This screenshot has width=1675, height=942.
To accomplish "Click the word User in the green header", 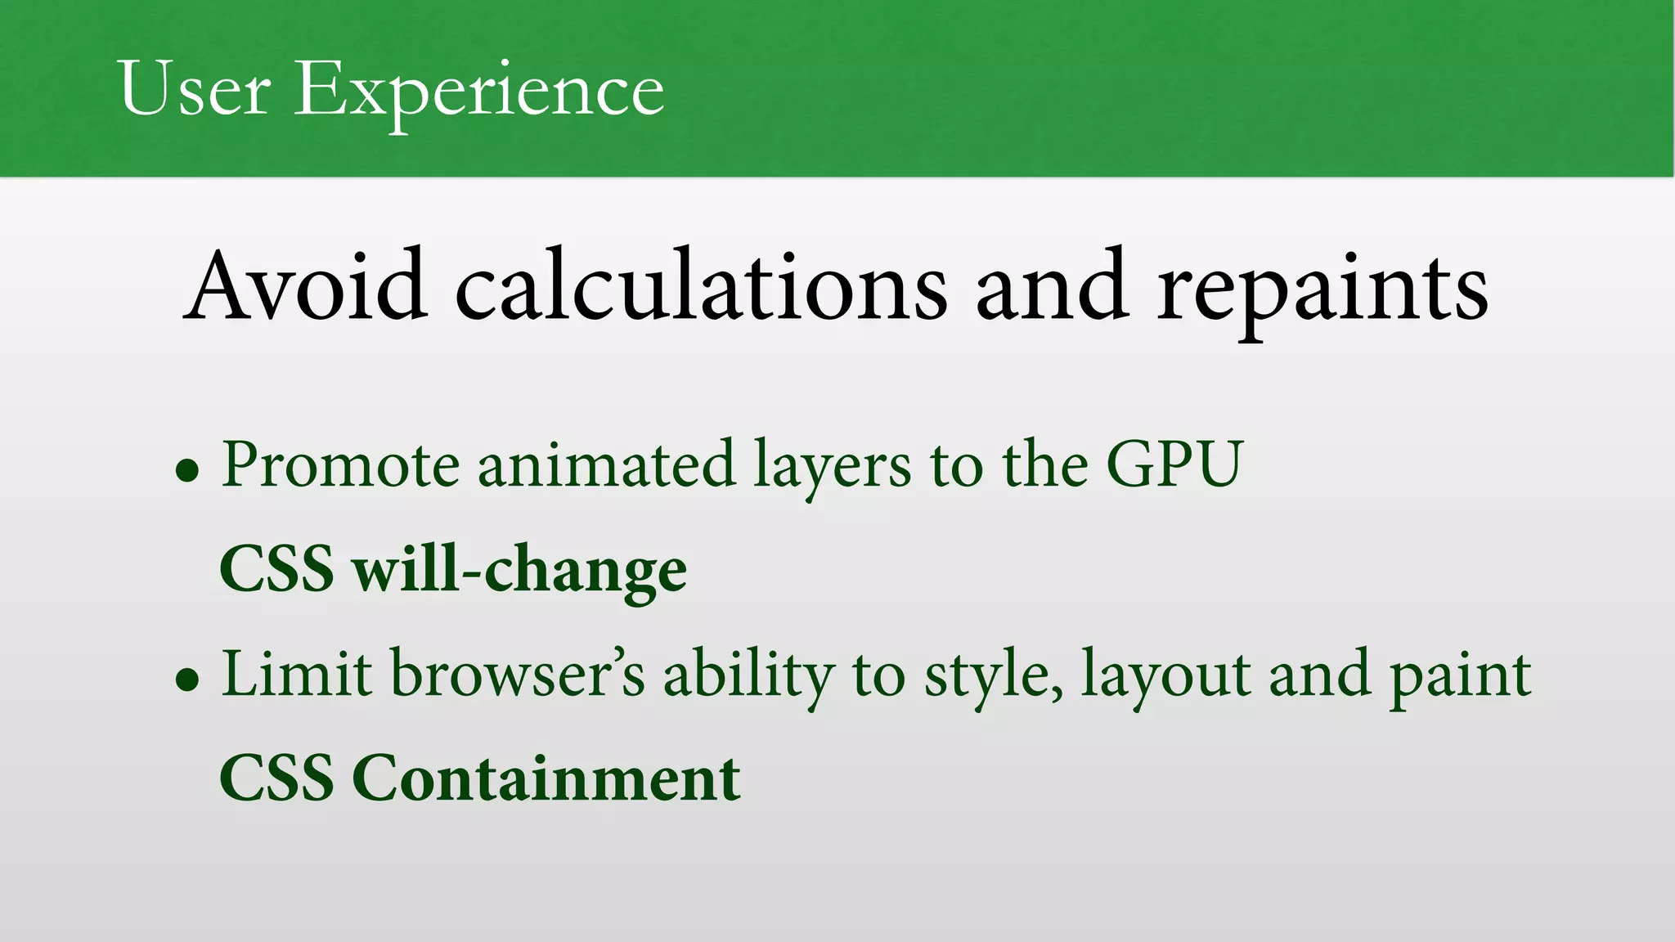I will [x=195, y=88].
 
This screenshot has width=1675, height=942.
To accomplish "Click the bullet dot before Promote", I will [x=188, y=471].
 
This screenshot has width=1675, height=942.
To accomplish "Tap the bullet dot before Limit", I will [x=188, y=679].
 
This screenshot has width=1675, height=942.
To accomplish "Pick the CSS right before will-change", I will [x=277, y=569].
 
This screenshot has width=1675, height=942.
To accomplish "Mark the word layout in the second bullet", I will [x=1166, y=677].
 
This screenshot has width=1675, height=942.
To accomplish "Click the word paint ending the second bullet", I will [x=1460, y=677].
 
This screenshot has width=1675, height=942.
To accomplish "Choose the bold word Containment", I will [x=546, y=778].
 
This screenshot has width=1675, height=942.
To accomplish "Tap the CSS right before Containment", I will [x=277, y=778].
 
